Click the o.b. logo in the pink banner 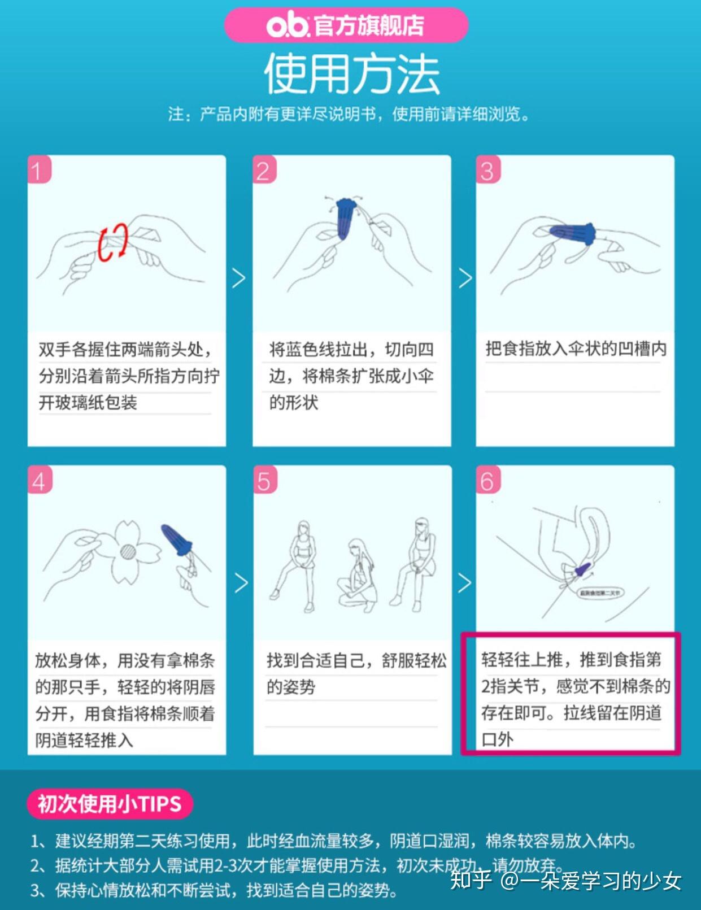click(288, 25)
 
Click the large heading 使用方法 click(351, 74)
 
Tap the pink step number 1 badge click(38, 169)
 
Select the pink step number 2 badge click(264, 169)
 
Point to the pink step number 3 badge click(488, 169)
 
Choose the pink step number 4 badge click(39, 480)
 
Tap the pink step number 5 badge click(264, 480)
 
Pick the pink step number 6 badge click(488, 480)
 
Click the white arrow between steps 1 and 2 click(239, 277)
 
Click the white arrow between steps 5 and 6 click(464, 582)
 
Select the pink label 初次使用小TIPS click(110, 803)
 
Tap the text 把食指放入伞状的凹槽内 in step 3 click(575, 349)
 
